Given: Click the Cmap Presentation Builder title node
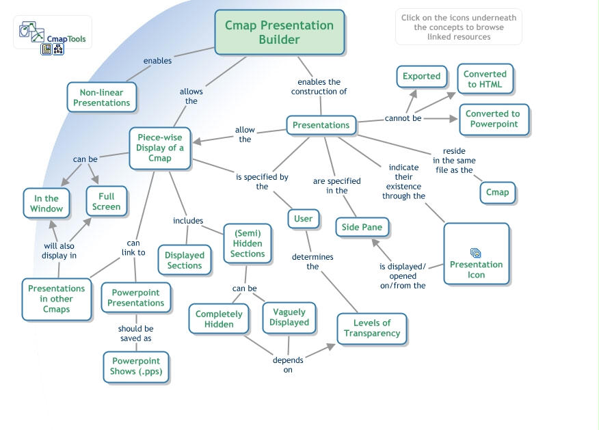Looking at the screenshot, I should pos(279,32).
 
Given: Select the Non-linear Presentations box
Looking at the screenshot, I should pos(101,97).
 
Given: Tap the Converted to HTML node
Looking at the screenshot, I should pos(485,79).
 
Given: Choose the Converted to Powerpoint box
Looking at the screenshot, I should pos(492,119).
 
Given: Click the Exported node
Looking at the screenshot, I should pos(421,77).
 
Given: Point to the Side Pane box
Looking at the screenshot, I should pos(362,227).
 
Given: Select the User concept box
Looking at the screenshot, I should pos(303,219).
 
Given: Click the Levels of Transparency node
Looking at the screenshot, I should pos(371,328).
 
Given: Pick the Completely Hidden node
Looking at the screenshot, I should pos(219,319).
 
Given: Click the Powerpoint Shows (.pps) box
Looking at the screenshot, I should pos(135,366).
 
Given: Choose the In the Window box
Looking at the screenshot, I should pos(46,204).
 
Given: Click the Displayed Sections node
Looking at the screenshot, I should pos(184,260).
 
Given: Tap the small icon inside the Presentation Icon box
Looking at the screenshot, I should pos(476,253).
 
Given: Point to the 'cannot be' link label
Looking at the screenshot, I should pos(403,118).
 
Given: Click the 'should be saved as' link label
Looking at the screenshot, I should pos(135,334).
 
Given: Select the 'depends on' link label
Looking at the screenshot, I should pos(288,365).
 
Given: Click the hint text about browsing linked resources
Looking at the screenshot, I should pos(458,27).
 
